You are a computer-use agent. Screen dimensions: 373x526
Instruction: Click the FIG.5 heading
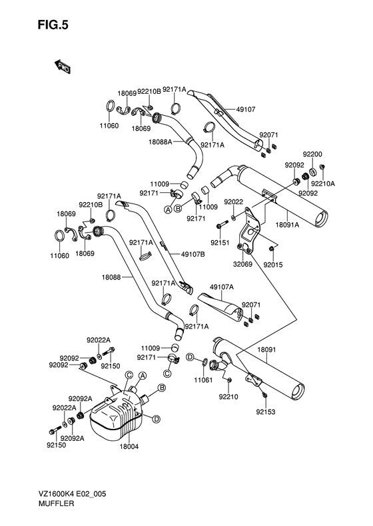[53, 25]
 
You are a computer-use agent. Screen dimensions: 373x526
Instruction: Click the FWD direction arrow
[62, 66]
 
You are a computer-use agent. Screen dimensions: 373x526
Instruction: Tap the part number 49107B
[192, 254]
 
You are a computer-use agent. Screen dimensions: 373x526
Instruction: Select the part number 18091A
[287, 225]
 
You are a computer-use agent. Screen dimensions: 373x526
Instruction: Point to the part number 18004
[129, 446]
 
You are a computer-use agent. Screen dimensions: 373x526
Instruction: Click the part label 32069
[242, 264]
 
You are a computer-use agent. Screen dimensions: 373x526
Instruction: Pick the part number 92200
[312, 154]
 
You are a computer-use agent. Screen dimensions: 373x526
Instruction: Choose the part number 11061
[203, 380]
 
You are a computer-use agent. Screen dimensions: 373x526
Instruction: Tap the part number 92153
[266, 412]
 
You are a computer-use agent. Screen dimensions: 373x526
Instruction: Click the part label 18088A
[161, 142]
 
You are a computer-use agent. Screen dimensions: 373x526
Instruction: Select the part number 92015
[273, 265]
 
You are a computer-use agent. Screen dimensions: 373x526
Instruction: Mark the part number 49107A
[222, 287]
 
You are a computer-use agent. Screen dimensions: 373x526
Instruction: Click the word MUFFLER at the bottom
[56, 503]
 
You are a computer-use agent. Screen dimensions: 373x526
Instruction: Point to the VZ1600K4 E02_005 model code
[72, 494]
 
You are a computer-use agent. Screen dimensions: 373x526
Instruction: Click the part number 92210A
[323, 184]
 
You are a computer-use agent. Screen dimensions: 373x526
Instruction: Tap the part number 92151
[220, 242]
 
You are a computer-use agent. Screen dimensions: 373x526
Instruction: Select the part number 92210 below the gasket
[228, 397]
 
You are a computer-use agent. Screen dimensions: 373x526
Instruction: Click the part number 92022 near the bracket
[234, 202]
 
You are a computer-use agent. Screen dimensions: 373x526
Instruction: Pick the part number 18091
[266, 350]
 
